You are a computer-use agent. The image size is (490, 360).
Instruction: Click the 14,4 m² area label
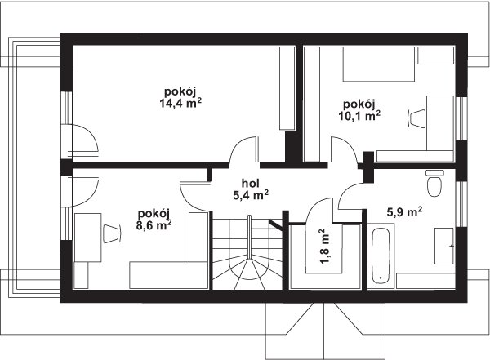[x=180, y=103]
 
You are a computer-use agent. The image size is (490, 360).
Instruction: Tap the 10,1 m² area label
[x=359, y=116]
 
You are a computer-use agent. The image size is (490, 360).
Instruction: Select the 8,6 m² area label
[x=154, y=224]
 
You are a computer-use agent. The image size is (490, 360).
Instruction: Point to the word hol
[x=251, y=184]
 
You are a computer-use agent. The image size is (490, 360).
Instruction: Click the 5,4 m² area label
[x=251, y=195]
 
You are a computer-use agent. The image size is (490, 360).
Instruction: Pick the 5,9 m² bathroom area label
[x=405, y=212]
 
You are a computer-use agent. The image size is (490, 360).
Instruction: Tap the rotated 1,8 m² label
[x=325, y=247]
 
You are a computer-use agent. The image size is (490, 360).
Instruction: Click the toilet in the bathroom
[x=434, y=183]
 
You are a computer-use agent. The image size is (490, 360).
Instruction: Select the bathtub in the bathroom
[x=381, y=256]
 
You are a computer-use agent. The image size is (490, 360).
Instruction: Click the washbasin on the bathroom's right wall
[x=444, y=246]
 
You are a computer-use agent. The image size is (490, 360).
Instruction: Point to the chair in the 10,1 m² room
[x=416, y=118]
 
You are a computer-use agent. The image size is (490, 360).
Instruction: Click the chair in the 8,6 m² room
[x=112, y=233]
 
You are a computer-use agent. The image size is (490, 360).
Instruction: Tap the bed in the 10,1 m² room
[x=379, y=64]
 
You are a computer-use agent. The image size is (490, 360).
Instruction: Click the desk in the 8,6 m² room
[x=88, y=238]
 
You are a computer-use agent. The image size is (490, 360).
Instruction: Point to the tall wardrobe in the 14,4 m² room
[x=287, y=88]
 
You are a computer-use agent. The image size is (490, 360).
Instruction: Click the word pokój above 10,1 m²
[x=359, y=104]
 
